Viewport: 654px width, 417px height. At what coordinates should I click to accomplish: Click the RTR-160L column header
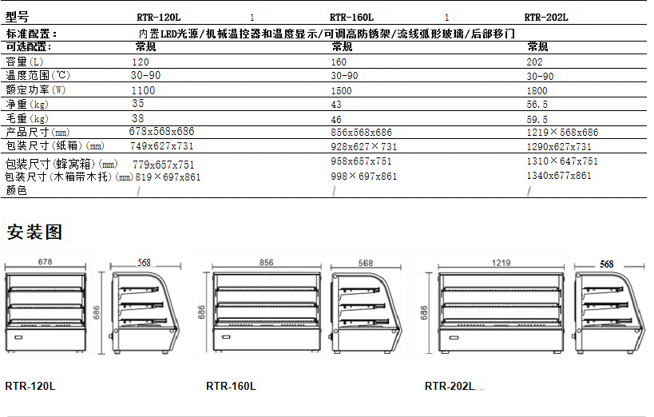click(352, 17)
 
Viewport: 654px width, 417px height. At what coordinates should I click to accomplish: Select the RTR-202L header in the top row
click(546, 17)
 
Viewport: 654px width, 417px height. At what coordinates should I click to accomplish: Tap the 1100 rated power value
click(144, 90)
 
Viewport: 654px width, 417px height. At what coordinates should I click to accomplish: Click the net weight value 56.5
click(537, 104)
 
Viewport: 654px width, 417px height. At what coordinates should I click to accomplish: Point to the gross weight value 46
click(337, 118)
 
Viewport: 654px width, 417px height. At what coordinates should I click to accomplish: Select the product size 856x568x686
click(362, 132)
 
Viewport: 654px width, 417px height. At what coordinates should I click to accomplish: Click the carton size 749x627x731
click(162, 146)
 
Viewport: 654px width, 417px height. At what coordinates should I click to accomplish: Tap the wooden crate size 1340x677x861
click(559, 176)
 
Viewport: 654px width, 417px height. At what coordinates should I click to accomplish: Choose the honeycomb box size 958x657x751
click(363, 161)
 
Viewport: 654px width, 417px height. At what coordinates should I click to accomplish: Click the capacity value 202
click(535, 62)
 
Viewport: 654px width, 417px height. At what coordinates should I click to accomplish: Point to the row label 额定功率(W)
click(36, 90)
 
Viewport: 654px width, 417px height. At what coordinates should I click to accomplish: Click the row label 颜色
click(16, 191)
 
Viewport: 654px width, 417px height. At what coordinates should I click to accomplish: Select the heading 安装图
click(34, 233)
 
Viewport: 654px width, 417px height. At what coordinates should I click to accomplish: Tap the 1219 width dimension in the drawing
click(501, 262)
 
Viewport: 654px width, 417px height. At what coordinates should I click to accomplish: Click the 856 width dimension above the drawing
click(266, 262)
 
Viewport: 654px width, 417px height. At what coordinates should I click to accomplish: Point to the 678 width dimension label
click(45, 262)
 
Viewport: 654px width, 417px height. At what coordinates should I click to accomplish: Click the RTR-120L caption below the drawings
click(30, 386)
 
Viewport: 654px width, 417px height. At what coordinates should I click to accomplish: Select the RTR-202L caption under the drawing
click(450, 386)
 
